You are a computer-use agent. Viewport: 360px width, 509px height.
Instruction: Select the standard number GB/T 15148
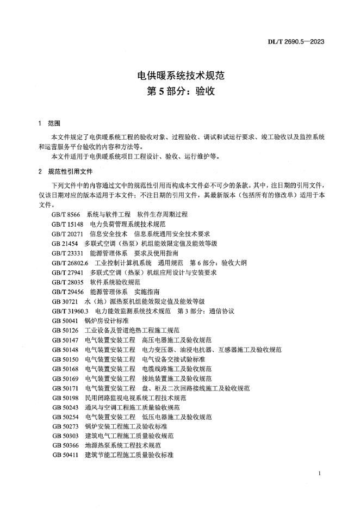coord(68,224)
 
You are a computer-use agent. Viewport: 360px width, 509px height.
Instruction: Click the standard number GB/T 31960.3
coord(70,311)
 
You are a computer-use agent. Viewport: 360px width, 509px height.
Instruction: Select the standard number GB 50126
coord(65,330)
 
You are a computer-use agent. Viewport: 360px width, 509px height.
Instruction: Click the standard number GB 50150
coord(65,359)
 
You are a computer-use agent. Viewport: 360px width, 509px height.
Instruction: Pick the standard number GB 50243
coord(65,408)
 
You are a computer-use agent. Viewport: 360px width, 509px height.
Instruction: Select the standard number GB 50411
coord(65,456)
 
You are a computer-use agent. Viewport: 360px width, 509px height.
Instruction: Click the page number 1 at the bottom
coord(319,474)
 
